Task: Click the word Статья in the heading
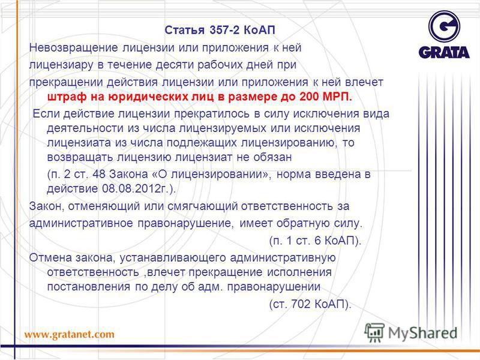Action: tap(184, 30)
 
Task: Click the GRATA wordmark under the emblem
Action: tap(443, 52)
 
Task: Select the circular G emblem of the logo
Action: tap(444, 26)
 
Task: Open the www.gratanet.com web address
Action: tap(69, 334)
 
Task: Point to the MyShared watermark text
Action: tap(422, 333)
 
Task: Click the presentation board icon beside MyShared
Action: tap(374, 332)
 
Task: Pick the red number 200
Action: tap(309, 97)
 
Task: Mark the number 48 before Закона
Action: tap(98, 174)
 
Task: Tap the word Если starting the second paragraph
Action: tap(46, 113)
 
